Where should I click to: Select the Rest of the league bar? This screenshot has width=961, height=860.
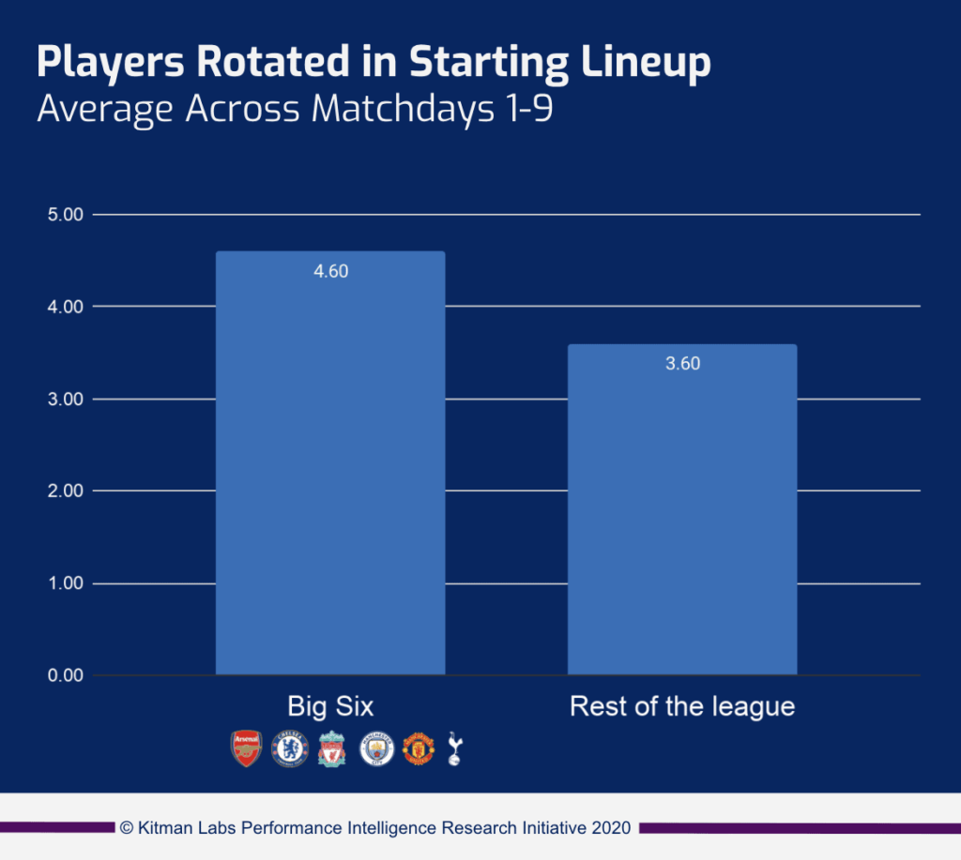coord(682,511)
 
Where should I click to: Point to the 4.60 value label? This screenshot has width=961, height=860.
coord(330,272)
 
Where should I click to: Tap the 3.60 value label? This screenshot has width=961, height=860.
coord(682,364)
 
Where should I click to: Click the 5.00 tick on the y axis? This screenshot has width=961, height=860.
coord(65,215)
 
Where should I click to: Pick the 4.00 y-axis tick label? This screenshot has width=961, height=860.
coord(65,307)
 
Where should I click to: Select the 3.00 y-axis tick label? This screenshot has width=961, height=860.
coord(65,400)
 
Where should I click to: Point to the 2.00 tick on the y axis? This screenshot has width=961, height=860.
coord(65,491)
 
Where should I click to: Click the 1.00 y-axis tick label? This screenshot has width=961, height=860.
coord(65,583)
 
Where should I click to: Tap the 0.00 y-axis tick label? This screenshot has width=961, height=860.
coord(65,676)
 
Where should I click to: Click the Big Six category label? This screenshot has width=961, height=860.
coord(330,706)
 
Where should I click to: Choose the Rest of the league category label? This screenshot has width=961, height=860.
coord(682,706)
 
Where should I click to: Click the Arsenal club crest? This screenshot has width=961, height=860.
coord(246,748)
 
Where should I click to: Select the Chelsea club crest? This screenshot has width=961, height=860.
coord(289,748)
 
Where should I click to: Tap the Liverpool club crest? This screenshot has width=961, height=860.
coord(332,748)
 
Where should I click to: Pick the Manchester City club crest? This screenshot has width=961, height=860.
coord(376,748)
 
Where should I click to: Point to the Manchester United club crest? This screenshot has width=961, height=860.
coord(419,748)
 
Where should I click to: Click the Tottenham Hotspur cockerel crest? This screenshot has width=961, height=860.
coord(455,748)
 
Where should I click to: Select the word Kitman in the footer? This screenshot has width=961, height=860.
coord(165,828)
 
